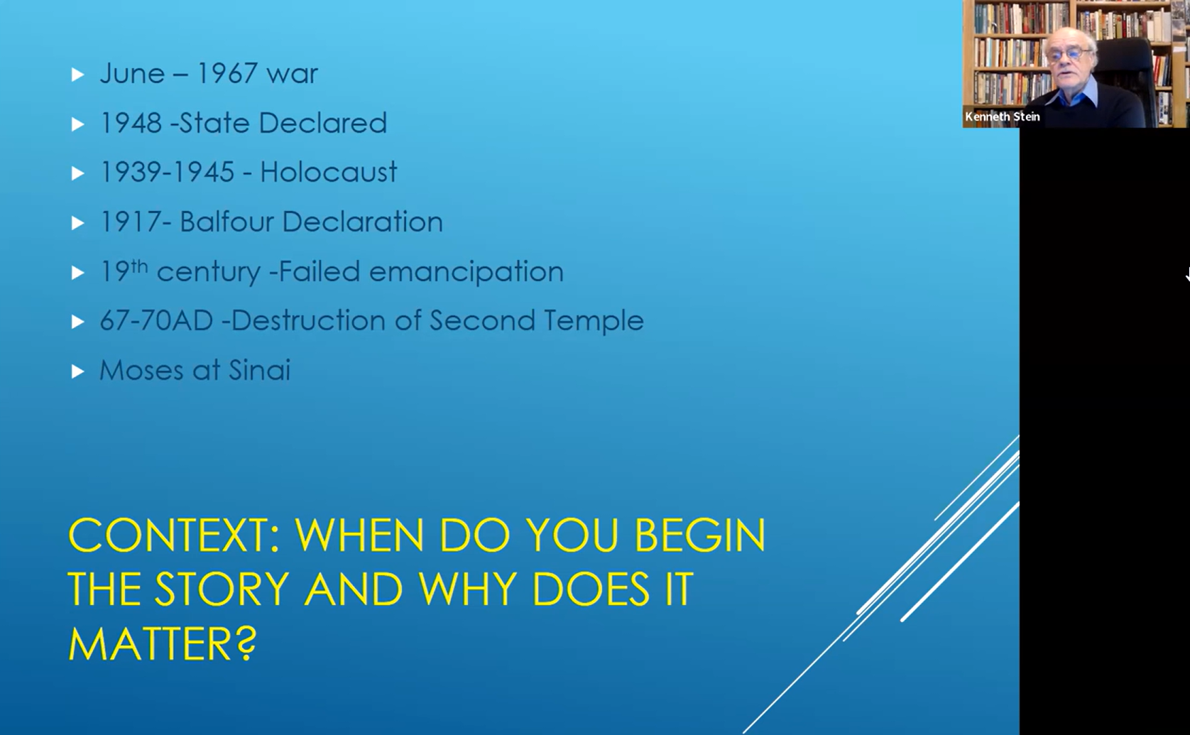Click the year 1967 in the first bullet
point(226,73)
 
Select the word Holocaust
point(328,172)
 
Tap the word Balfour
point(226,222)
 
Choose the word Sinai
point(259,370)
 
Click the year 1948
point(131,123)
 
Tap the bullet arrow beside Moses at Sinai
point(77,371)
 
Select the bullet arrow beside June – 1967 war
point(77,75)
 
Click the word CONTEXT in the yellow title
point(174,535)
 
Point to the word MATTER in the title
point(150,643)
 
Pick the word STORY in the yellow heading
point(222,589)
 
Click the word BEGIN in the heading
point(699,535)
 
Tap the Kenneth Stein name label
point(1002,116)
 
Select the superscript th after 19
point(139,266)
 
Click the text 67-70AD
point(156,320)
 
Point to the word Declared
point(322,123)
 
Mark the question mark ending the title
point(246,643)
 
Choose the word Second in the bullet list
point(482,320)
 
